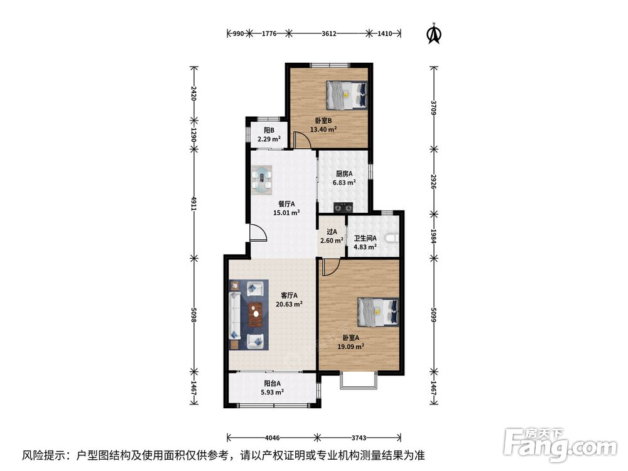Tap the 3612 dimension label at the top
pos(329,34)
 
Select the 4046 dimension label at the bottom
pos(272,437)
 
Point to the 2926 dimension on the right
pos(433,181)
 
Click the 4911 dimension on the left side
pos(193,203)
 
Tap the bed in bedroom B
pos(347,95)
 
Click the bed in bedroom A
pos(378,311)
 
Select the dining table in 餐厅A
pos(262,180)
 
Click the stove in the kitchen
pos(344,207)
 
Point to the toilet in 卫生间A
pos(392,238)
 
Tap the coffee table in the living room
pos(255,315)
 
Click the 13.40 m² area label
pos(323,129)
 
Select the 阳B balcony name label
pos(269,130)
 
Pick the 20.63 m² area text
pos(289,304)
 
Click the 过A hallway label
pos(332,232)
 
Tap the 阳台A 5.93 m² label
pos(273,387)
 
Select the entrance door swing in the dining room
pos(257,232)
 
